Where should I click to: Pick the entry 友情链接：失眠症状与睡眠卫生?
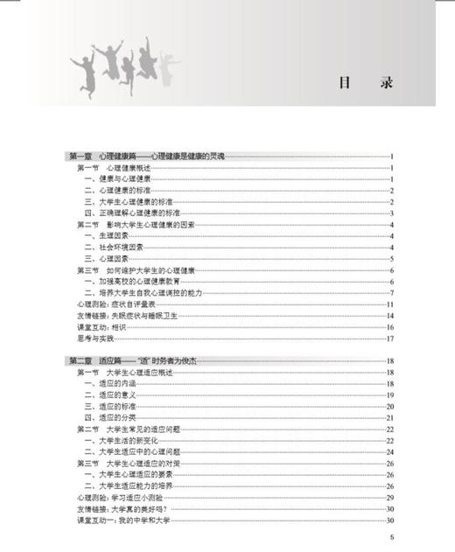pos(132,316)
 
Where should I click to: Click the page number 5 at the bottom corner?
pos(393,537)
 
